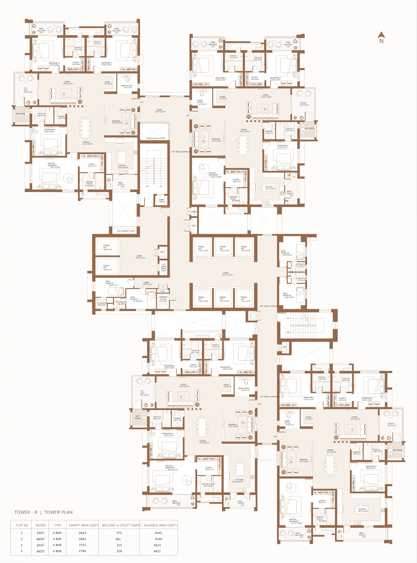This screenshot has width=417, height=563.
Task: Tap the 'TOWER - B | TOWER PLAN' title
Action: pos(43,512)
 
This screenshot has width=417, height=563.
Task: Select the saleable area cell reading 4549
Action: pos(158,539)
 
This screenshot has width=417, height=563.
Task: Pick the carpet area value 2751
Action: pos(82,545)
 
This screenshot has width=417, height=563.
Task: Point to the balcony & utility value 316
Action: pos(119,551)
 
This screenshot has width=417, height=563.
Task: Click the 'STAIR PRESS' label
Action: pos(162,201)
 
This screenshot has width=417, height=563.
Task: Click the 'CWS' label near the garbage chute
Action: pos(162,291)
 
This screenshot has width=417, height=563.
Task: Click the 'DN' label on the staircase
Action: pos(288,332)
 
